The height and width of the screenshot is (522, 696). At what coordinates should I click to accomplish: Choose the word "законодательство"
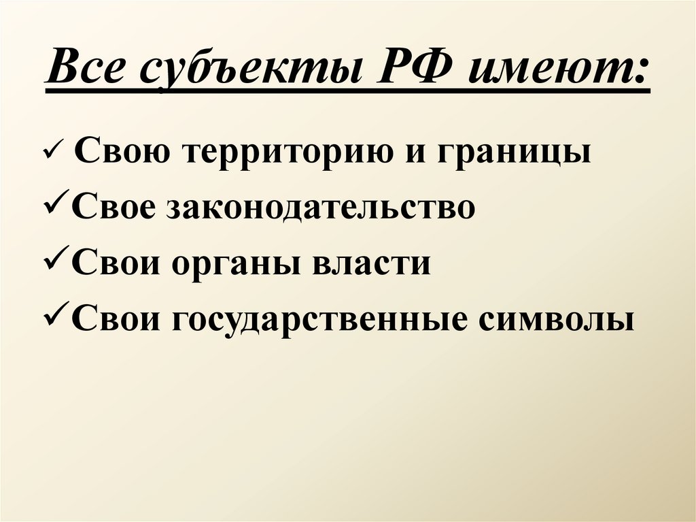tap(319, 207)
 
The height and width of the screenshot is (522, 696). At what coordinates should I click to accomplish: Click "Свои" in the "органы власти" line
tap(112, 263)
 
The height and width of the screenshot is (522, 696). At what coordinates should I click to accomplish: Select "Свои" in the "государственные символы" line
tap(112, 319)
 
